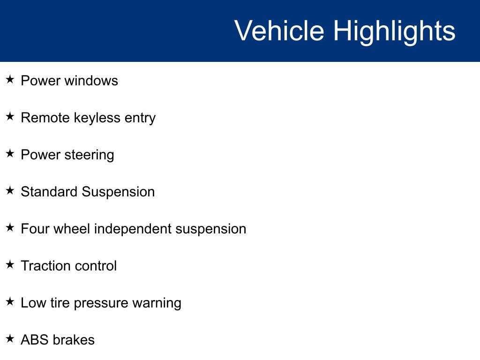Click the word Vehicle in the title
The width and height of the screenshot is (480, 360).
point(279,30)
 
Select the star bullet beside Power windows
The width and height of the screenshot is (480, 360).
point(10,79)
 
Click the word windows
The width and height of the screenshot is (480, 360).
point(91,81)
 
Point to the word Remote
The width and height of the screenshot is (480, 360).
point(45,118)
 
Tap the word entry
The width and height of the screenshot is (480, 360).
point(140,119)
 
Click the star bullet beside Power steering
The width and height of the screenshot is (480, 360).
point(10,153)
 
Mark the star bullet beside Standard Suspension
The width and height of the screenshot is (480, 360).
point(10,190)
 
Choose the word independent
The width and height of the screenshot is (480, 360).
point(133,229)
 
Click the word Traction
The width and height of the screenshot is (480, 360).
point(45,266)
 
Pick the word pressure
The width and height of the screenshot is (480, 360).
point(101,304)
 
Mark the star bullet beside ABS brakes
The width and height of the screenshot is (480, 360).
point(10,338)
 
